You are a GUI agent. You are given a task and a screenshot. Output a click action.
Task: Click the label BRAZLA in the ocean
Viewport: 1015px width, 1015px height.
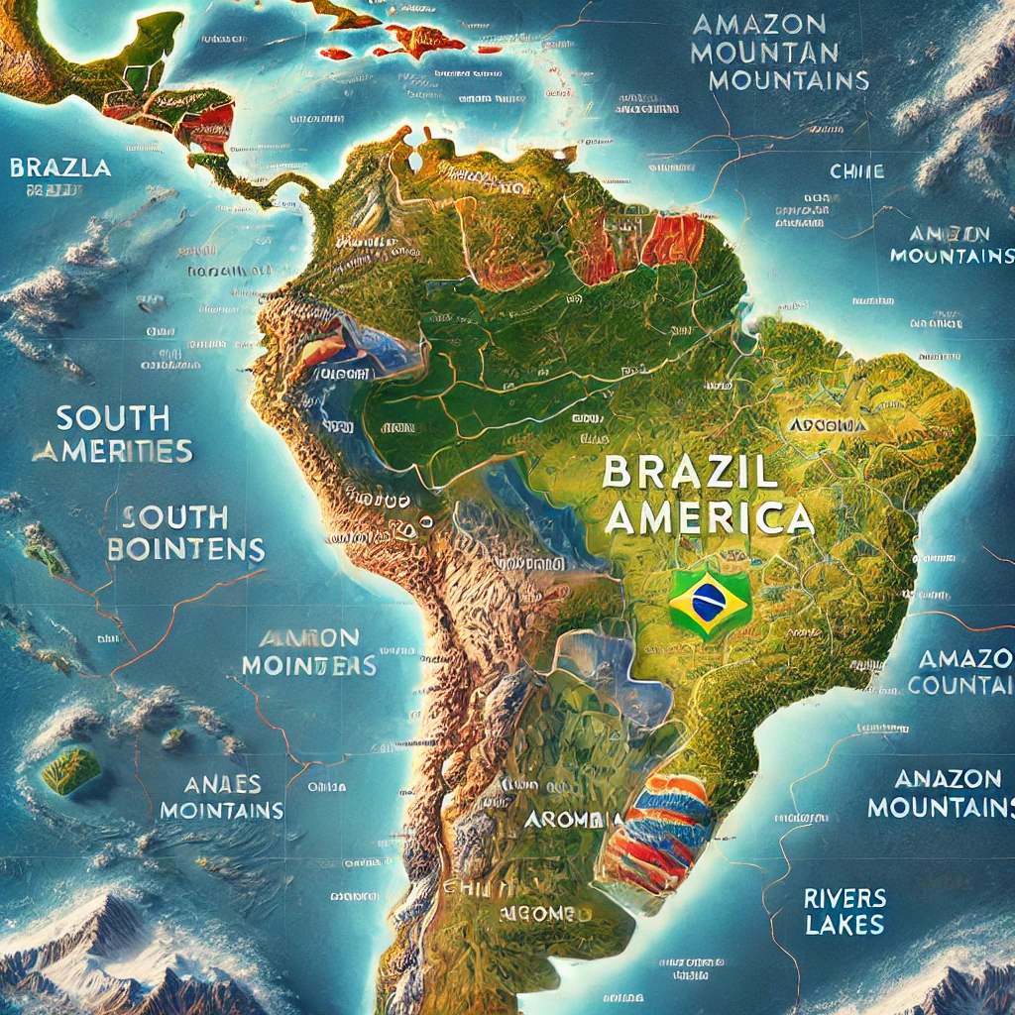pos(60,167)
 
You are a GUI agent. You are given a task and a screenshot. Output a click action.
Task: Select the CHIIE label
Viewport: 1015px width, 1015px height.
pos(856,171)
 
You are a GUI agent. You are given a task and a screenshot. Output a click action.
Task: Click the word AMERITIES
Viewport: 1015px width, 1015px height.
pos(111,451)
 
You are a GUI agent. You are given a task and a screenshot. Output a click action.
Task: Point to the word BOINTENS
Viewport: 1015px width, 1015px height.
pos(185,548)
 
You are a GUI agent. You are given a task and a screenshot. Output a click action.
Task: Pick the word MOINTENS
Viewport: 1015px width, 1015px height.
pos(308,665)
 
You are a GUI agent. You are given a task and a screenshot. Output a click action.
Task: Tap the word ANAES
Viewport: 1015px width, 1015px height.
pos(222,784)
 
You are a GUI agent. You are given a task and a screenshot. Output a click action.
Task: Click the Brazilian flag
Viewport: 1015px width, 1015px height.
pos(710,601)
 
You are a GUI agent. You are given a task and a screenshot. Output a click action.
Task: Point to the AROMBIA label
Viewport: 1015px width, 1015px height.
pos(572,820)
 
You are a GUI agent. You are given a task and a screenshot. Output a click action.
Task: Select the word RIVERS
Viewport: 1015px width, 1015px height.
pos(845,899)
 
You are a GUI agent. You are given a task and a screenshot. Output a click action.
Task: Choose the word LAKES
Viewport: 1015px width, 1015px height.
pos(844,927)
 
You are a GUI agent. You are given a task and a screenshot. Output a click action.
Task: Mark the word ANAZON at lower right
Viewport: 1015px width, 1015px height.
pos(935,778)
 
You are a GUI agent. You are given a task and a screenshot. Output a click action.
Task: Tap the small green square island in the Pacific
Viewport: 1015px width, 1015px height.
pos(70,770)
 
